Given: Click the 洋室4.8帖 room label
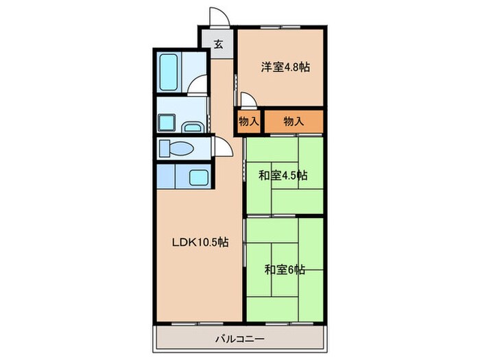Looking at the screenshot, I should [x=285, y=67].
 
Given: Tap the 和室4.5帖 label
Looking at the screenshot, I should [x=283, y=175].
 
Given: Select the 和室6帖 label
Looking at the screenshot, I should [x=285, y=269].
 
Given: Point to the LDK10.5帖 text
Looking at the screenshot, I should [x=200, y=242].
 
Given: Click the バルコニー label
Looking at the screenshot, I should [x=241, y=338].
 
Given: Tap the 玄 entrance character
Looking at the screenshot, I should [x=218, y=45].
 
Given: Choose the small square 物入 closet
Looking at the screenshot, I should [x=249, y=121].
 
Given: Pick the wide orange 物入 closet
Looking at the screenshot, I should [x=293, y=121].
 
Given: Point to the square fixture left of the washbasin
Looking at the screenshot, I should [x=168, y=123].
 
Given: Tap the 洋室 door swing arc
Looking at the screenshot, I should [x=249, y=102].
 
